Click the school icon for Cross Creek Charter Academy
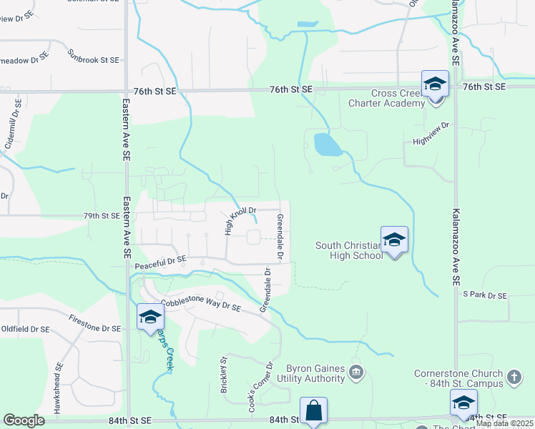[434, 85]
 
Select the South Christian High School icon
[394, 240]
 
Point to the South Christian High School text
[349, 250]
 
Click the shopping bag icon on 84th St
[313, 411]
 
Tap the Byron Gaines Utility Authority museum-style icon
[356, 372]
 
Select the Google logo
[24, 420]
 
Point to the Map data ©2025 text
[504, 423]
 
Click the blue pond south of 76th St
[326, 145]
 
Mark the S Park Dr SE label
[484, 295]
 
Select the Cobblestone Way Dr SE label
[200, 305]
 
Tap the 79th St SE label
[101, 214]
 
